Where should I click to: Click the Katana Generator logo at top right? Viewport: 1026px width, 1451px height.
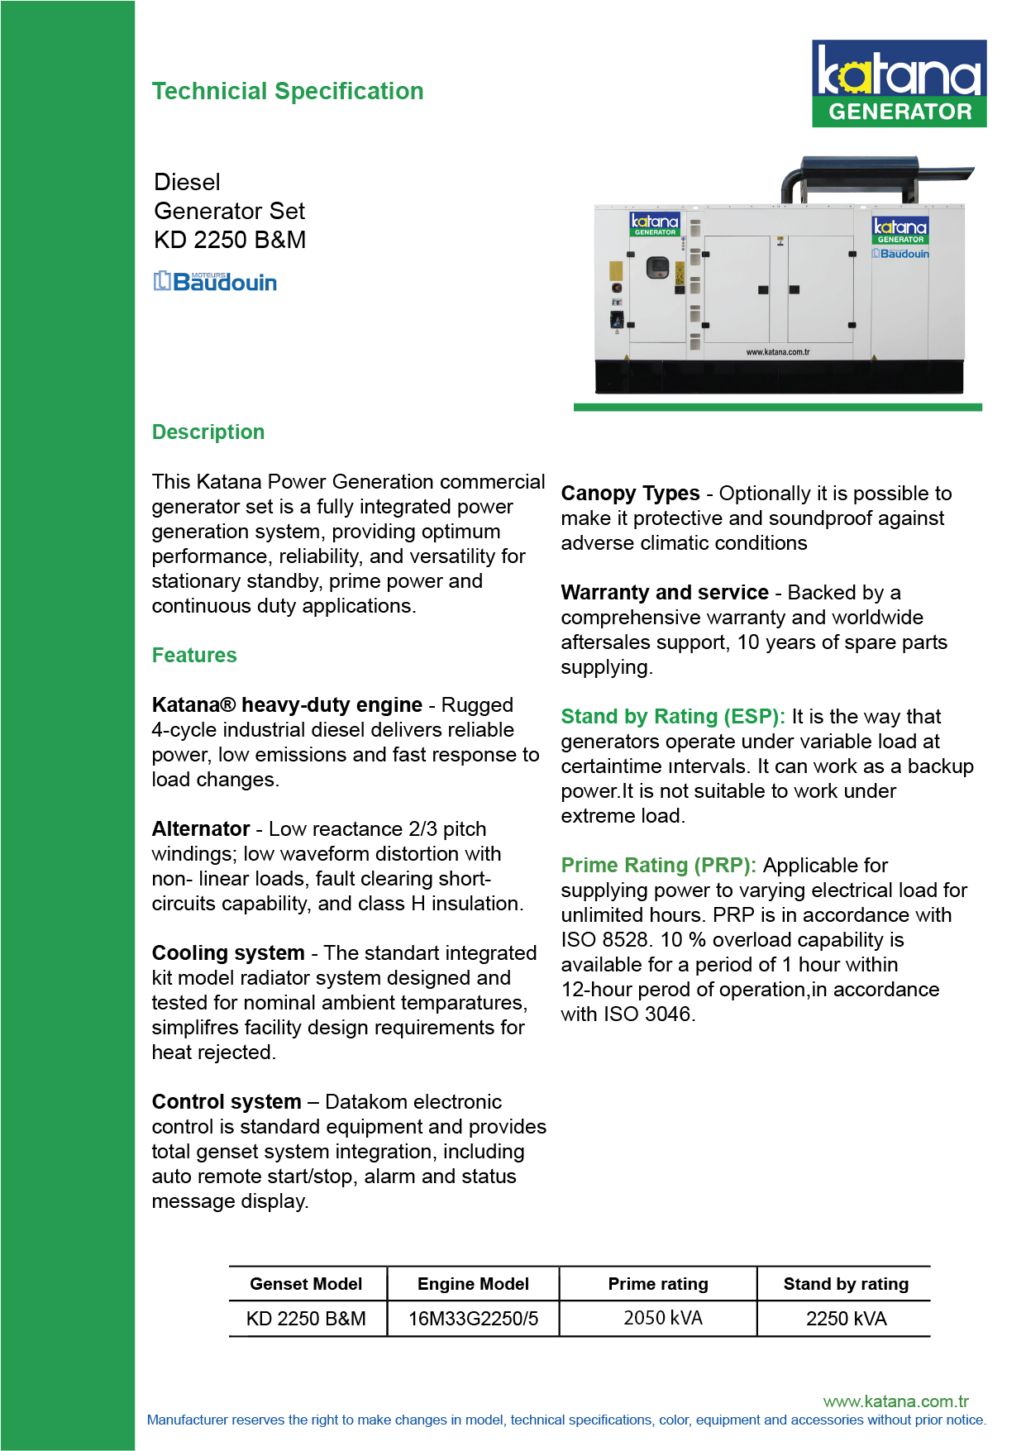(899, 84)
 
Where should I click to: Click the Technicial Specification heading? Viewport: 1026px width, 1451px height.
(287, 91)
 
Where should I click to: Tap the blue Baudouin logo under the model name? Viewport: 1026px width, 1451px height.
(215, 282)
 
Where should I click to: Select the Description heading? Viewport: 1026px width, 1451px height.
(208, 432)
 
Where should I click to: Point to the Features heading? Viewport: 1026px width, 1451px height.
(194, 656)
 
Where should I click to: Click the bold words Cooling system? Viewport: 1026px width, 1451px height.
(228, 953)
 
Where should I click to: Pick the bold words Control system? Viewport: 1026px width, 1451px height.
(227, 1102)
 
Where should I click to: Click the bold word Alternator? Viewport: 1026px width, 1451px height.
(201, 829)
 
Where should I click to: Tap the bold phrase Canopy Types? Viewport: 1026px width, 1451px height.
(630, 494)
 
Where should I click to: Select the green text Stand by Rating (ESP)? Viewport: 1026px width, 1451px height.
(672, 717)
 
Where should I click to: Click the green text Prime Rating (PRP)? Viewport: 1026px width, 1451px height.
(658, 866)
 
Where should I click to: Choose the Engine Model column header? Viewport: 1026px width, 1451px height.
(473, 1284)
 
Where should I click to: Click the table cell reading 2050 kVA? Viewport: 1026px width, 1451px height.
(662, 1318)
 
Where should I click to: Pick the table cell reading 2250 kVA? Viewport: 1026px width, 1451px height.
(846, 1319)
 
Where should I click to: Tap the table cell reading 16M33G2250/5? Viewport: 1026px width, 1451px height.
(473, 1319)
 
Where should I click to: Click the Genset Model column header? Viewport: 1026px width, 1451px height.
(306, 1284)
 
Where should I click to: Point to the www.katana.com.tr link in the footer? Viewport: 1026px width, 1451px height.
(895, 1401)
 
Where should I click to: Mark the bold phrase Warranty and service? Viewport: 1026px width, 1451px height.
(665, 593)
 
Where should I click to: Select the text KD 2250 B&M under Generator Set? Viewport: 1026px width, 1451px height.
(230, 240)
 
